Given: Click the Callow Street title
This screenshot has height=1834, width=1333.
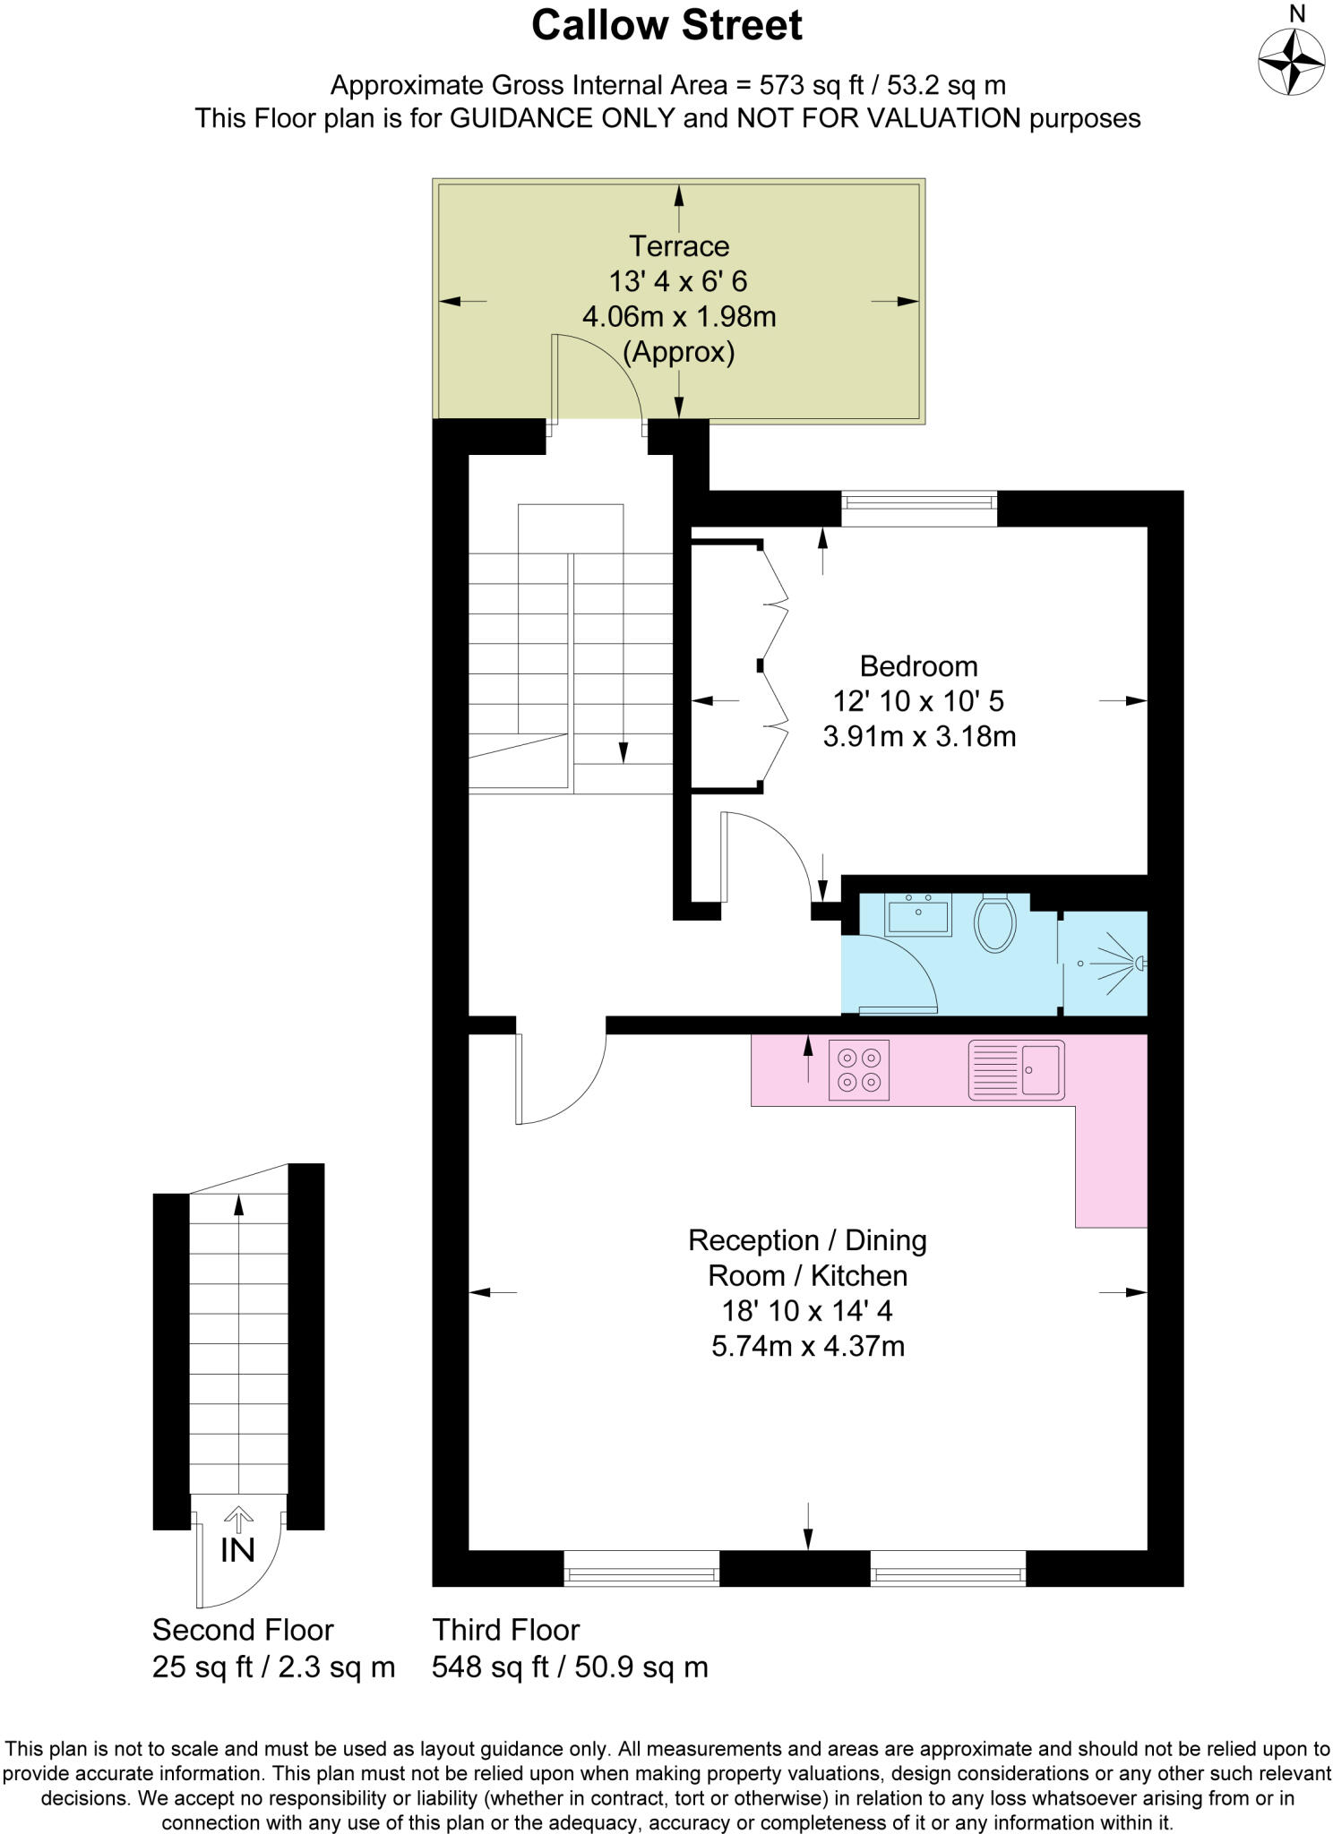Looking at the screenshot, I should tap(666, 26).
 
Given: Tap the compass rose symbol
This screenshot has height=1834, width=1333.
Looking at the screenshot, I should tap(1291, 63).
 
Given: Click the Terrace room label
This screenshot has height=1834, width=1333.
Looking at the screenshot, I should tap(678, 245).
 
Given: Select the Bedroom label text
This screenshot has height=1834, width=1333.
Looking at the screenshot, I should tap(918, 665).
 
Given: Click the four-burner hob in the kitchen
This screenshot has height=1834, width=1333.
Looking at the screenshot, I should tap(859, 1069).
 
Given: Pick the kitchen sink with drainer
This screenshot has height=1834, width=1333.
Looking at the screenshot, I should tap(1016, 1069).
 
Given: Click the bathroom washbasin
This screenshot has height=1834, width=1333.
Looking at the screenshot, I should tap(918, 914).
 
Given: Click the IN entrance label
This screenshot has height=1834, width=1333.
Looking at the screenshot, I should tap(237, 1550).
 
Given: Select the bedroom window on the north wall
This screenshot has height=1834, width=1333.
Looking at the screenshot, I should tap(918, 508).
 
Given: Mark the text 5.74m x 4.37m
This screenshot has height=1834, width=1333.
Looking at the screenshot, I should tap(808, 1346).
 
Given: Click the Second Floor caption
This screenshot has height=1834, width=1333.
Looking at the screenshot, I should tap(243, 1629).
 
